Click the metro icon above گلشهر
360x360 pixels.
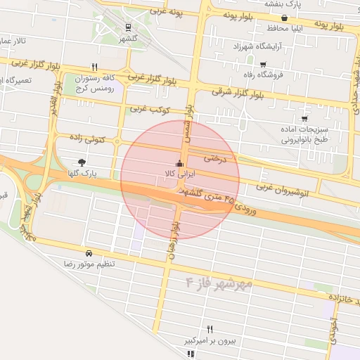pos(127,27)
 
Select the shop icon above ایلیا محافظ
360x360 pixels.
pos(283,19)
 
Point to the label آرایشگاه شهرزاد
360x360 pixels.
pos(241,46)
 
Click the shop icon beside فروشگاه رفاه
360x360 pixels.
pos(262,65)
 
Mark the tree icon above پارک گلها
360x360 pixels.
pos(83,162)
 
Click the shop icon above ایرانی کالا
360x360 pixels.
pos(178,163)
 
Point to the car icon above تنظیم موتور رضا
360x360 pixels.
pos(89,252)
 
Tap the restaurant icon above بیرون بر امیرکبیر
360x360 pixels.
pos(209,329)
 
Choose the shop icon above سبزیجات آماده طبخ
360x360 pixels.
pos(304,120)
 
